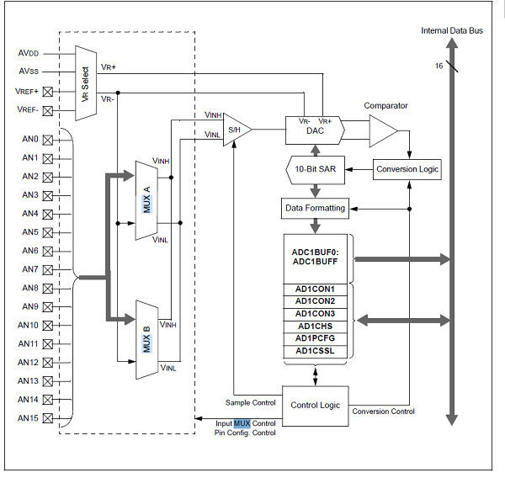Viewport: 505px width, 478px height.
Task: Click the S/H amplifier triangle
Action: (x=236, y=130)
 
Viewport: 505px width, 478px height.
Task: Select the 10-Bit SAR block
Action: (x=316, y=169)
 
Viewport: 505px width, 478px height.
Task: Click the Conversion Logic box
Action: (x=407, y=169)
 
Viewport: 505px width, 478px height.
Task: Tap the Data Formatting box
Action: (x=316, y=206)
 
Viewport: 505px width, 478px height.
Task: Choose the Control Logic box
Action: (x=315, y=405)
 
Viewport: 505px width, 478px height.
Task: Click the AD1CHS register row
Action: (x=316, y=326)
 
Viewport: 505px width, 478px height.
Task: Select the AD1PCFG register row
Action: (x=316, y=337)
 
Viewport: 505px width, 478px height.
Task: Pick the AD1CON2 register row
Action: (x=316, y=301)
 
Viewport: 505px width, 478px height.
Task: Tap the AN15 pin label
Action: (x=28, y=417)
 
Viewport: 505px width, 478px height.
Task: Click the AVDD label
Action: (x=29, y=53)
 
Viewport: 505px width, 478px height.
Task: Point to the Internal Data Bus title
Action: (x=452, y=31)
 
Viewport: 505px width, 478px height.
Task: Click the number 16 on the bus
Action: (x=438, y=66)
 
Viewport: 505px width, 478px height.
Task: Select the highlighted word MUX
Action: (x=242, y=422)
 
